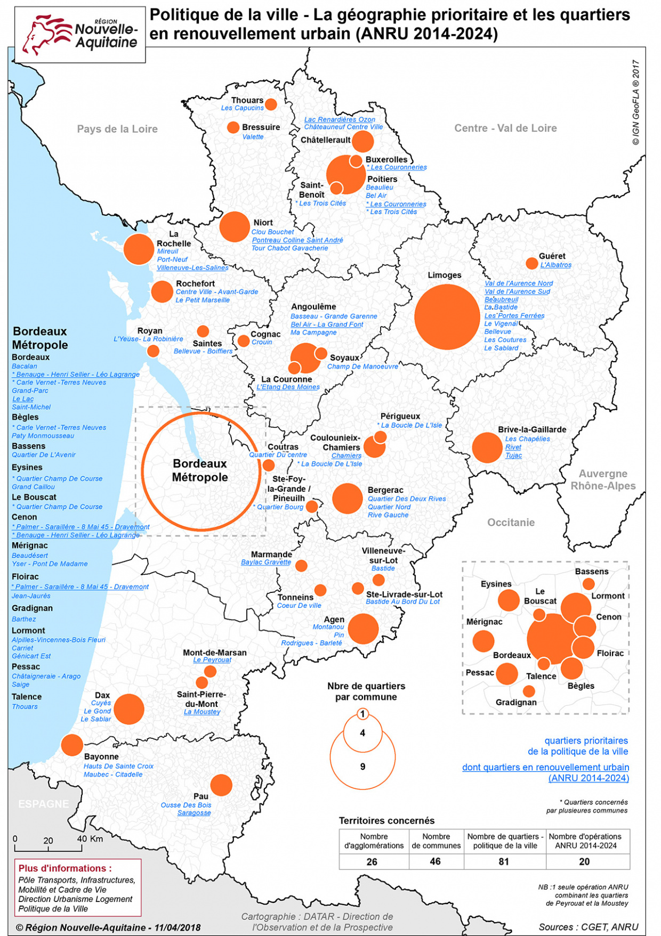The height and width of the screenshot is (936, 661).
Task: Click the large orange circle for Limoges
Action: tap(447, 316)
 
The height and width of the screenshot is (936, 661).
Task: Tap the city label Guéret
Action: tap(552, 256)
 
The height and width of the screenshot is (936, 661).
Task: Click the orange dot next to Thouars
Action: tap(271, 104)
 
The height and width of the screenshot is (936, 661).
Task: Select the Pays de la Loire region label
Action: tap(117, 129)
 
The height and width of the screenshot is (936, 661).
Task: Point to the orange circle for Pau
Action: tap(221, 785)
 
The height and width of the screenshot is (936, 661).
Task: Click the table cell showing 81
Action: tap(504, 861)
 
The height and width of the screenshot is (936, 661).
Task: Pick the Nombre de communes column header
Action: tap(436, 841)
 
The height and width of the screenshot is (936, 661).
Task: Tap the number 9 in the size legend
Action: tap(362, 767)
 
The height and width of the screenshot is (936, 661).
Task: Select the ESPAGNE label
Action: tap(44, 804)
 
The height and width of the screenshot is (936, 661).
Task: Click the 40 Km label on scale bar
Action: tap(90, 839)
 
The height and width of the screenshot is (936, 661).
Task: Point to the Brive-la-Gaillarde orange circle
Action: tap(487, 447)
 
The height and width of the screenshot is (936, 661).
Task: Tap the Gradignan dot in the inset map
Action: tap(529, 691)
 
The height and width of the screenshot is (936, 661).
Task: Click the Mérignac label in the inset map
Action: tap(484, 622)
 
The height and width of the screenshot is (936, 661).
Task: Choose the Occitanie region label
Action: tap(511, 522)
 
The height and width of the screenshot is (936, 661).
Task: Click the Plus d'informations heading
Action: tap(65, 868)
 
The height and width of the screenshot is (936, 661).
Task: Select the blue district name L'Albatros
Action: tap(555, 265)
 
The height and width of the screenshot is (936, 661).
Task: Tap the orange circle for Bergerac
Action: tap(348, 499)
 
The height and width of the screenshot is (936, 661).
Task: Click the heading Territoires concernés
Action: tap(386, 820)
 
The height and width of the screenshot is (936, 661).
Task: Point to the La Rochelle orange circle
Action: tap(139, 249)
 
